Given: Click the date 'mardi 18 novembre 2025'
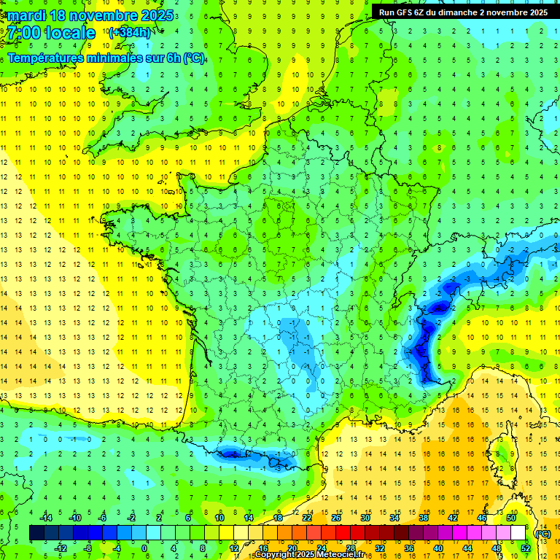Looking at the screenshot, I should (x=91, y=15).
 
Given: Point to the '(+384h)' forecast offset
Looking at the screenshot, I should (x=129, y=33).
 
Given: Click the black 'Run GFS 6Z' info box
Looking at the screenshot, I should (x=464, y=12).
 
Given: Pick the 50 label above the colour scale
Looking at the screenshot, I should (x=511, y=518).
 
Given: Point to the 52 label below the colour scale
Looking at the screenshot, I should (x=525, y=548).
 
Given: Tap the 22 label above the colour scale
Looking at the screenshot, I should (x=307, y=518).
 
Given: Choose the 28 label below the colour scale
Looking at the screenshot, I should (x=350, y=548).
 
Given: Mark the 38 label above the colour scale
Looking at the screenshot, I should (x=424, y=518).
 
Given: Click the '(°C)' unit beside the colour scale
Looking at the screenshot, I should (x=542, y=533).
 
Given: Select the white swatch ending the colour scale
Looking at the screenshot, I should (x=518, y=532).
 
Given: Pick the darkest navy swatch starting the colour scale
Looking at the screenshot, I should (x=36, y=532).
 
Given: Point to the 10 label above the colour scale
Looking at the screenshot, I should (x=219, y=518).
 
